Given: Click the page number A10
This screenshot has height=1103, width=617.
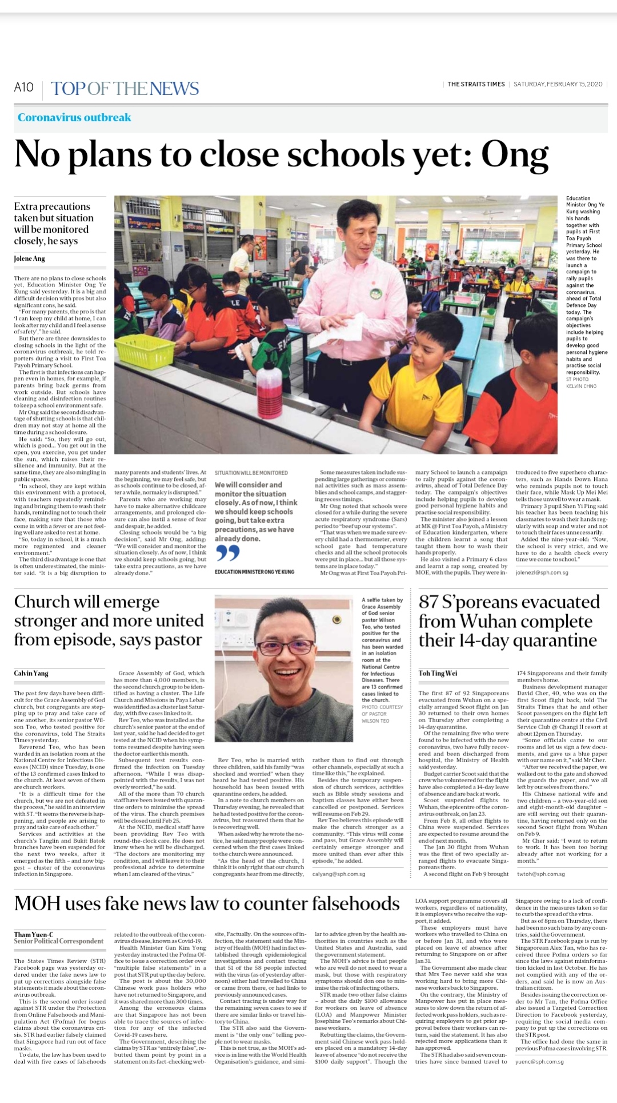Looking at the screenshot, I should pyautogui.click(x=23, y=87).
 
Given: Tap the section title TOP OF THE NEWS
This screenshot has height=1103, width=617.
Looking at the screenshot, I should pyautogui.click(x=125, y=89).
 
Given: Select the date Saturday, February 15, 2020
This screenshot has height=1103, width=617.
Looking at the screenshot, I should pyautogui.click(x=558, y=84).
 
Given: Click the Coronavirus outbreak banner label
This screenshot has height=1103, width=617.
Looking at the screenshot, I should pyautogui.click(x=74, y=118).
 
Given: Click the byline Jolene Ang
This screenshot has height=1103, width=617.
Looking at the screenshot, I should pyautogui.click(x=29, y=259).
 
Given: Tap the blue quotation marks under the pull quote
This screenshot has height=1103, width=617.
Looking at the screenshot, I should pyautogui.click(x=227, y=552).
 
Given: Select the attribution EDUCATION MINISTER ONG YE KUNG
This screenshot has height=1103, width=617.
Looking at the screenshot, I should pyautogui.click(x=254, y=572).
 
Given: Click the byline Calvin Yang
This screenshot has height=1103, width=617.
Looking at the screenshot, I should pyautogui.click(x=31, y=673).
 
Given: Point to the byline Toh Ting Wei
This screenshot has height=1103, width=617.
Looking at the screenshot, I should pyautogui.click(x=438, y=673).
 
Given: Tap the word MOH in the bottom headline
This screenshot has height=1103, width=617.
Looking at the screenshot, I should pyautogui.click(x=37, y=904).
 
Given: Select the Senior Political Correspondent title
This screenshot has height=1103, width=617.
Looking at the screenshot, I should pyautogui.click(x=59, y=941).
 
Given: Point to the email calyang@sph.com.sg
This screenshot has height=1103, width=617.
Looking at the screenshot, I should pyautogui.click(x=338, y=874).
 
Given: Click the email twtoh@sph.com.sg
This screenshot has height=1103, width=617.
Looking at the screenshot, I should pyautogui.click(x=540, y=874).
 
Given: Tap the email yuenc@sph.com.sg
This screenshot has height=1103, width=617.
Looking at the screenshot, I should pyautogui.click(x=539, y=1062).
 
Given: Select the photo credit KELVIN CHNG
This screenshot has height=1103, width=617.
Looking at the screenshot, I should pyautogui.click(x=581, y=386).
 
